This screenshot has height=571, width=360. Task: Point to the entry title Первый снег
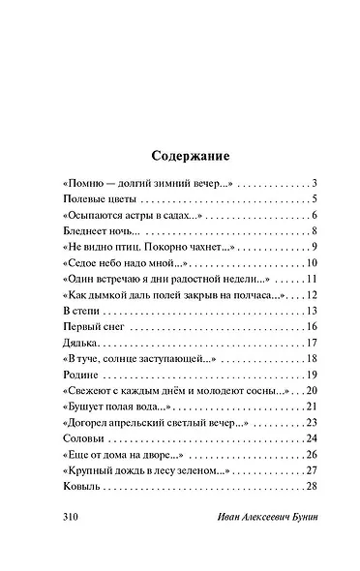(x=87, y=327)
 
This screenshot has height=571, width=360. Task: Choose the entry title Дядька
(x=76, y=344)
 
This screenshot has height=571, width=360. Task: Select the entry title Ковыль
(x=78, y=487)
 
